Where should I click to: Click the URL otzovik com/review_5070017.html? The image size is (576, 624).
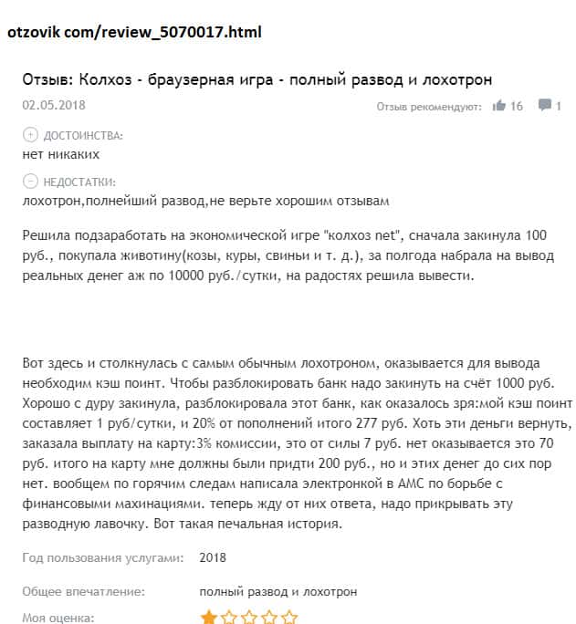tap(134, 32)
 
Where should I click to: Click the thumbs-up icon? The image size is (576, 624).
tap(498, 106)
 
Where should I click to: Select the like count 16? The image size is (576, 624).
tap(517, 106)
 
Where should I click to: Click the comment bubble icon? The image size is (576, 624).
tap(544, 106)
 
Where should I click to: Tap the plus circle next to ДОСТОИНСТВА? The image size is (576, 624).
tap(30, 135)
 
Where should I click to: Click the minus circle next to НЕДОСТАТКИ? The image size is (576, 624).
tap(30, 181)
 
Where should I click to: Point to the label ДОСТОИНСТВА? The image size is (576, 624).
tap(83, 135)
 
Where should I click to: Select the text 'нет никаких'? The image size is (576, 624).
tap(58, 153)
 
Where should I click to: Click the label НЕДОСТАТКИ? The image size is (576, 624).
tap(80, 181)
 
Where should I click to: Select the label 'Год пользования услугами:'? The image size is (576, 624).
tap(102, 557)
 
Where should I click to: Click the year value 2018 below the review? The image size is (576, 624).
tap(213, 557)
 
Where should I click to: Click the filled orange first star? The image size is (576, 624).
tap(209, 618)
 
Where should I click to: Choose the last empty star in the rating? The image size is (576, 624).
tap(289, 618)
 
